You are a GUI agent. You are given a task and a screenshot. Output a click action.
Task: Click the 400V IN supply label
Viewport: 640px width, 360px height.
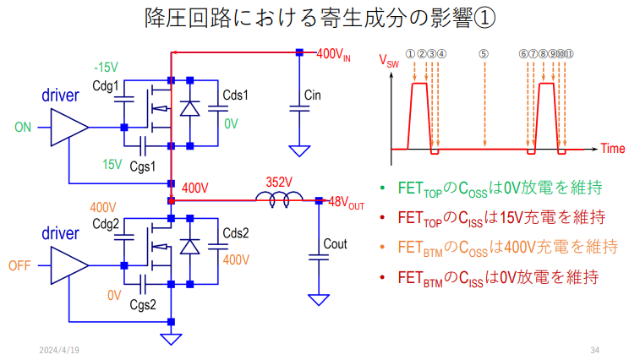pyautogui.click(x=333, y=54)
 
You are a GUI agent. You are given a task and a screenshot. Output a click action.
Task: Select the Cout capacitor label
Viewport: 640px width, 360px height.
pyautogui.click(x=336, y=244)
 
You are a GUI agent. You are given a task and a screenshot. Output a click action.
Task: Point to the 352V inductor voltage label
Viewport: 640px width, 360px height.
pyautogui.click(x=279, y=182)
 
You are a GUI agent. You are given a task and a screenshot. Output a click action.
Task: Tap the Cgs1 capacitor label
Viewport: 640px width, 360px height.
pyautogui.click(x=142, y=166)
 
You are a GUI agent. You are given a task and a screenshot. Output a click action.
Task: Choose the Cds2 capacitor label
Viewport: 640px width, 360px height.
pyautogui.click(x=235, y=233)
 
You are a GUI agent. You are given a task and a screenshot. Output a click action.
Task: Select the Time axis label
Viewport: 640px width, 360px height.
pyautogui.click(x=613, y=149)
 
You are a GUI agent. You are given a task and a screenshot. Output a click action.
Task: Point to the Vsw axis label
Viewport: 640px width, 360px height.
pyautogui.click(x=390, y=61)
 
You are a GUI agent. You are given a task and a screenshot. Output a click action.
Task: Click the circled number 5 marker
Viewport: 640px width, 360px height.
pyautogui.click(x=484, y=52)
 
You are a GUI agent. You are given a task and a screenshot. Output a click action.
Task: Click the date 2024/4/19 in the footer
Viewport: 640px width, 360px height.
pyautogui.click(x=59, y=349)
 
